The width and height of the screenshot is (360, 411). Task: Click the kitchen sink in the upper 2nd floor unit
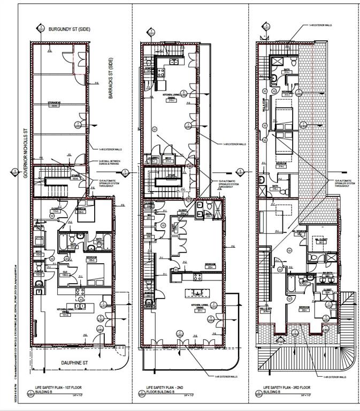point(174,61)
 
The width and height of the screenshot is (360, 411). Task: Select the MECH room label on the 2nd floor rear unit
point(167,159)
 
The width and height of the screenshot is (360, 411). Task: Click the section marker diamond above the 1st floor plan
point(39,28)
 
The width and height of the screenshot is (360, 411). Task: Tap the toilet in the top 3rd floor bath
point(273,79)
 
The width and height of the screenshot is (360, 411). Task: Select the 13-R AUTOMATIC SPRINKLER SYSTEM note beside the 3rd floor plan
point(342,182)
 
